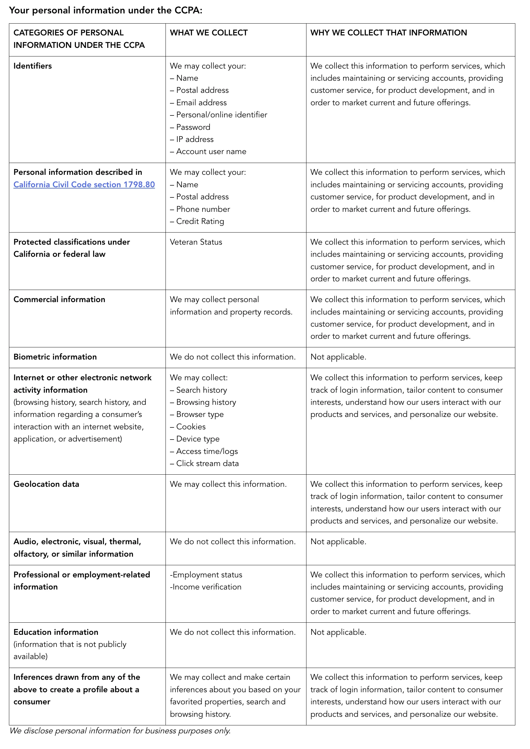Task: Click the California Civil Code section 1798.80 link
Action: [84, 185]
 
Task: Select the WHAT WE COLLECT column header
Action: [209, 33]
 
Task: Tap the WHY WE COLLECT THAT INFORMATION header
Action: [388, 33]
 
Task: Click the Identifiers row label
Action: [33, 66]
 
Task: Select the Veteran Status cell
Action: [196, 242]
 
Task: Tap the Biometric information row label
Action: [55, 357]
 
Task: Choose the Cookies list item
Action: [191, 427]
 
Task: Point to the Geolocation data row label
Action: [46, 484]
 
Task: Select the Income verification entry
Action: [206, 587]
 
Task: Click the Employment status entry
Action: [206, 575]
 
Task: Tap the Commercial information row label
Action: [59, 300]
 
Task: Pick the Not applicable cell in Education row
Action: [338, 632]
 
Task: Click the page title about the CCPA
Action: [106, 11]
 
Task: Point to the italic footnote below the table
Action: [120, 731]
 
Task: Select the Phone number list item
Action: [203, 209]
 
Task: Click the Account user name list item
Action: [211, 152]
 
